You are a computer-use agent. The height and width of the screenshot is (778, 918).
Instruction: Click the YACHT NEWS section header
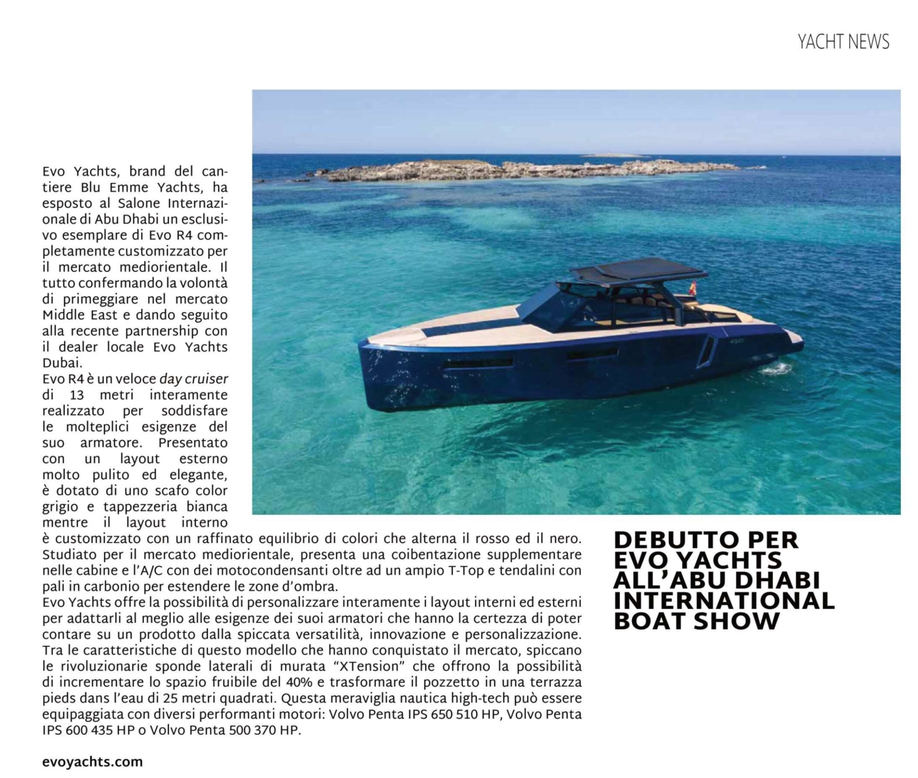click(843, 42)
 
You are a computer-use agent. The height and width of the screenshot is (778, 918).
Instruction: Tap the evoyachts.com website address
click(92, 762)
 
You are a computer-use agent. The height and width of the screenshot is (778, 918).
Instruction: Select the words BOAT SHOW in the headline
click(696, 622)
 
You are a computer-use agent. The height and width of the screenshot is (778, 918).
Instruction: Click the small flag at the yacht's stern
click(693, 287)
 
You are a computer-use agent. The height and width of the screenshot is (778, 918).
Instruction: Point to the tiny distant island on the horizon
click(616, 155)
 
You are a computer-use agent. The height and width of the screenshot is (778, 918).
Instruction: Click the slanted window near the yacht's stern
click(707, 351)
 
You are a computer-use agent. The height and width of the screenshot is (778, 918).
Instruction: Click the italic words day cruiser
click(193, 380)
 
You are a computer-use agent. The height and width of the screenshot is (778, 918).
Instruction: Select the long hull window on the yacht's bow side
click(478, 362)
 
